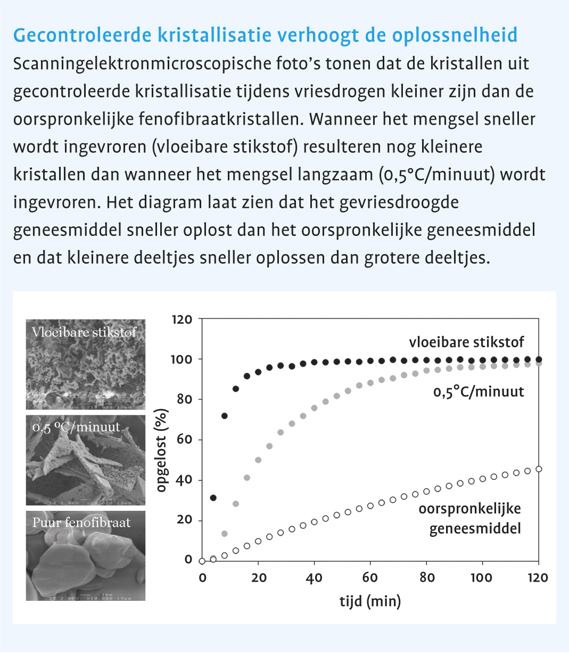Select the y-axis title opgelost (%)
coord(162,450)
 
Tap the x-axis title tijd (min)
coord(370,601)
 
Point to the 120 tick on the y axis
coord(182,320)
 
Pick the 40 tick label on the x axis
coord(314,578)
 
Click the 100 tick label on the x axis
coord(482,578)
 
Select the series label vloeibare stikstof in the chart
coord(466,342)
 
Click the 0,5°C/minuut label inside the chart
coord(478,392)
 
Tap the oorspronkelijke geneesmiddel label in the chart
coord(469,518)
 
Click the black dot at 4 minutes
coord(213,497)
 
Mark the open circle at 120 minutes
coord(539,469)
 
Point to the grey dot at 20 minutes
coord(258,460)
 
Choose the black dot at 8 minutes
coord(225,416)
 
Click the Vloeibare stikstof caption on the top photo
coord(84,332)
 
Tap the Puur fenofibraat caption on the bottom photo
coord(81,523)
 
